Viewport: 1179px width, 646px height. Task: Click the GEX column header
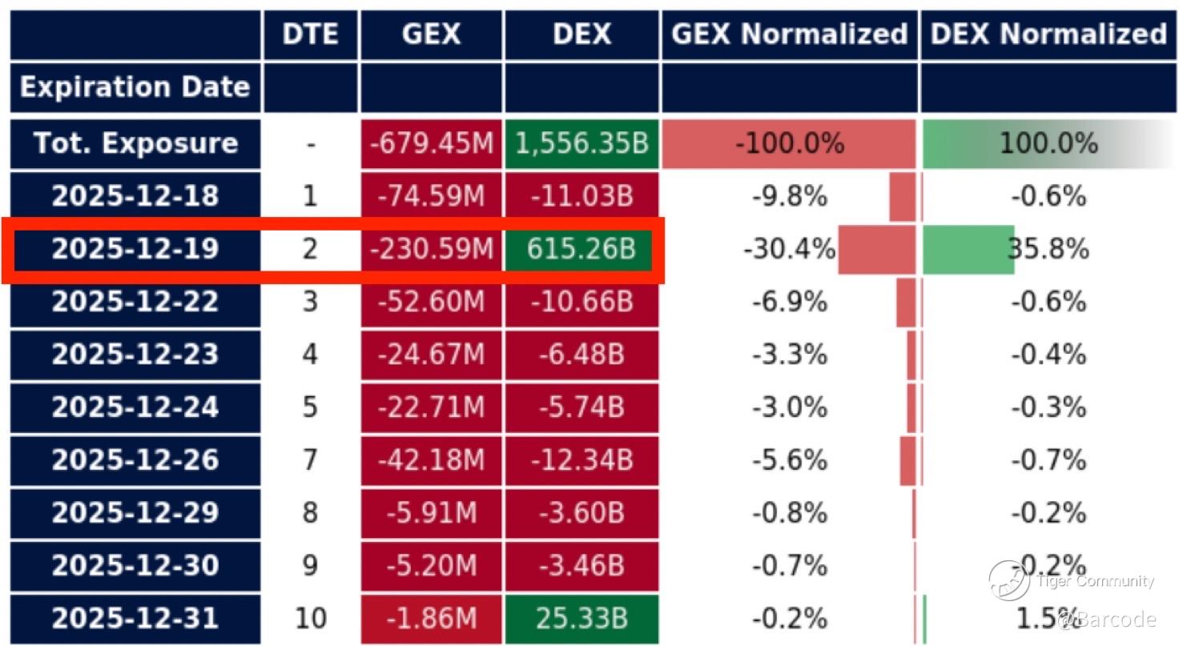[x=432, y=34]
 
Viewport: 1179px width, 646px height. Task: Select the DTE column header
[x=310, y=34]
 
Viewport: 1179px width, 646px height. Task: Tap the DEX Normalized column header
[x=1048, y=34]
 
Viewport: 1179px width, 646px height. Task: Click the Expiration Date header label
[x=135, y=86]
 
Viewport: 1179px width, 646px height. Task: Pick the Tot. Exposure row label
[x=135, y=144]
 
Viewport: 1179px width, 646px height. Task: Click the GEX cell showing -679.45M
[x=432, y=144]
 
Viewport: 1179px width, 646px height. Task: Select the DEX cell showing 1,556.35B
[x=581, y=144]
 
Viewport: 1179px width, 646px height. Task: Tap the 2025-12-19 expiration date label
[x=135, y=249]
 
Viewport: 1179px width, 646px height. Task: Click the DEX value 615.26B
[x=581, y=249]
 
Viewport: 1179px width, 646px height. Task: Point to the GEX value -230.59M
[x=432, y=249]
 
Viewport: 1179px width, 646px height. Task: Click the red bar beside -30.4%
[x=876, y=250]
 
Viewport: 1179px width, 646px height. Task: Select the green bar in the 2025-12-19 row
[x=968, y=250]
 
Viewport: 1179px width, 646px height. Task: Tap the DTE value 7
[x=310, y=460]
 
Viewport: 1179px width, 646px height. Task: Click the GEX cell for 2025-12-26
[x=432, y=460]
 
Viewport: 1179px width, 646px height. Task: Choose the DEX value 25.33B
[x=581, y=619]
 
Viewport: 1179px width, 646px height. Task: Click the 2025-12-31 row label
[x=135, y=619]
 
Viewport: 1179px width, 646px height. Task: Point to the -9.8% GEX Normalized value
[x=789, y=196]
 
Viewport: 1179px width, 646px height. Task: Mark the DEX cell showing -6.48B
[x=581, y=355]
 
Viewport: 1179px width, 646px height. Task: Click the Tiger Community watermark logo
[x=1009, y=580]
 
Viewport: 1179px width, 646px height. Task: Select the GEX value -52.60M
[x=432, y=302]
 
